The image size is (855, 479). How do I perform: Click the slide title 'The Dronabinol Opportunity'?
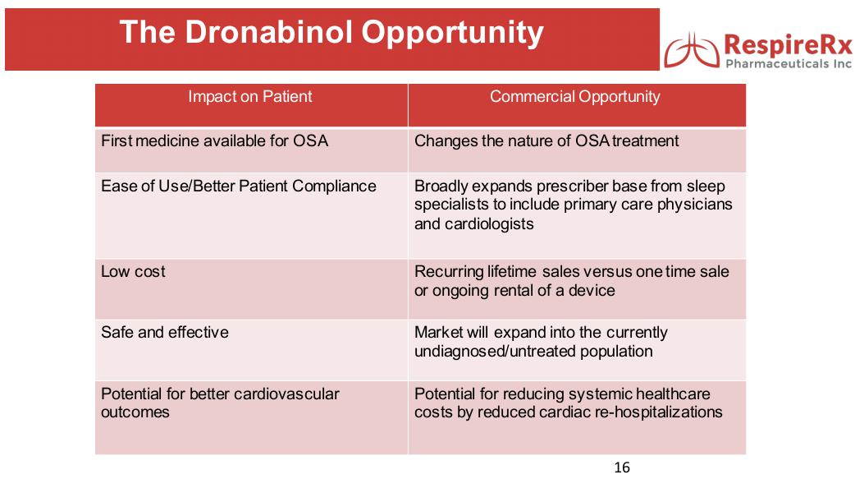(331, 33)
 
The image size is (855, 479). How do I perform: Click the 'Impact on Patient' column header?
(250, 97)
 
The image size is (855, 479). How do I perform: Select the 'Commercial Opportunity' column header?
(574, 97)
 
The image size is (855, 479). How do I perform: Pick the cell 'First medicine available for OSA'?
(214, 140)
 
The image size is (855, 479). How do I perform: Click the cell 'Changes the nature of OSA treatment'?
(546, 140)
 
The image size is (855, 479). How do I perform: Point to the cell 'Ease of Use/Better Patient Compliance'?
(239, 186)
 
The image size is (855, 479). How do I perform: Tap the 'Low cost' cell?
(133, 271)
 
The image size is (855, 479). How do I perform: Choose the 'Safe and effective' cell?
(165, 332)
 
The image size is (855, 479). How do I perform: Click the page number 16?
(622, 467)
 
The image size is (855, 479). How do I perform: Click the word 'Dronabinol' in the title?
(267, 33)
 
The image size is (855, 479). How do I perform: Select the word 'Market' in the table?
(439, 332)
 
